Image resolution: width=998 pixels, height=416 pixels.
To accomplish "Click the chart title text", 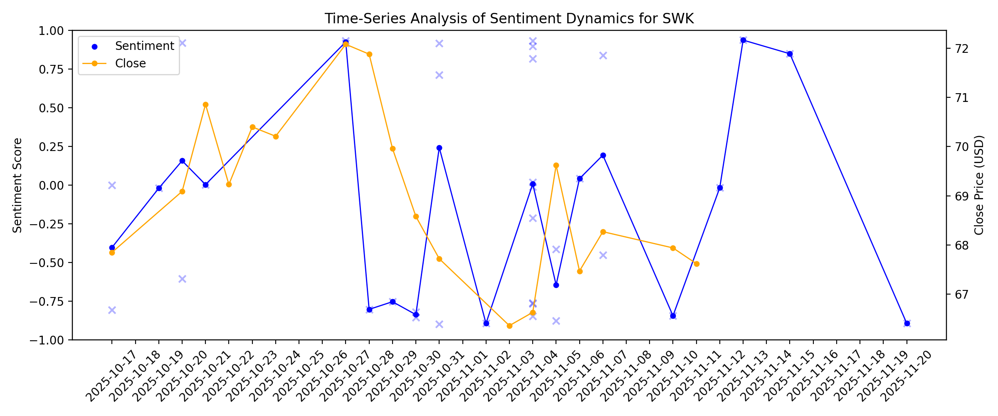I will pos(509,19).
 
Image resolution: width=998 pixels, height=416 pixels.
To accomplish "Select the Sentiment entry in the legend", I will pos(144,46).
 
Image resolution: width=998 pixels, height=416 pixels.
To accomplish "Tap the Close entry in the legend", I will pos(130,63).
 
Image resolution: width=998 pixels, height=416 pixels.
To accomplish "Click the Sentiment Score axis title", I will pos(17,185).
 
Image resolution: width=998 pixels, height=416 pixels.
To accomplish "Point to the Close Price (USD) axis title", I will pos(979,185).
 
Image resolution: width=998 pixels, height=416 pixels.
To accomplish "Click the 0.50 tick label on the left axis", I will pos(51,108).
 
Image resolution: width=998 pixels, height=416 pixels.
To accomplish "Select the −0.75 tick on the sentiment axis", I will pos(48,301).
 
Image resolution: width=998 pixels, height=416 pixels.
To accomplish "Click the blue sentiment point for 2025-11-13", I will pos(743,40).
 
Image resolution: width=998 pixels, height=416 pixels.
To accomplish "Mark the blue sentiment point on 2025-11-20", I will pos(907,323).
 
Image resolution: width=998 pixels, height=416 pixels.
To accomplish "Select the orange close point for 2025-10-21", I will pos(205,105).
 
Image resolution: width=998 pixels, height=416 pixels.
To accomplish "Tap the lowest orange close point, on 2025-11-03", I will pos(509,326).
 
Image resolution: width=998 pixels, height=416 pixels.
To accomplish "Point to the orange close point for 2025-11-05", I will pos(556,166).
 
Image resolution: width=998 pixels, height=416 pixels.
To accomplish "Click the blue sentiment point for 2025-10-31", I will pos(439,148).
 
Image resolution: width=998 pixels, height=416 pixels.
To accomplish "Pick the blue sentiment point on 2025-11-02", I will pos(486,323).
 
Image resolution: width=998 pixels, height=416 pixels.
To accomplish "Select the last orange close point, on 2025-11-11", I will pos(697,264).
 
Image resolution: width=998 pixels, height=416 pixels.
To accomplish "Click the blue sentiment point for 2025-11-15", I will pos(790,54).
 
